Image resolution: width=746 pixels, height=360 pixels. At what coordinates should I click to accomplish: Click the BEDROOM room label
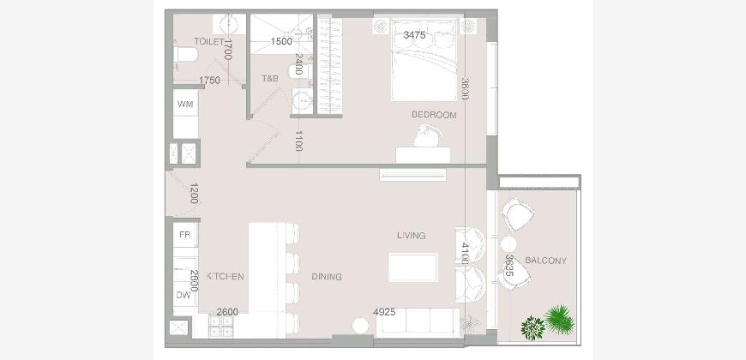tap(434, 115)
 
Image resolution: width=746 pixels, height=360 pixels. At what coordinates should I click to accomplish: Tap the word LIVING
tap(412, 236)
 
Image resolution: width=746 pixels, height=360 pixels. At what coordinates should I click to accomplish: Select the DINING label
tap(327, 277)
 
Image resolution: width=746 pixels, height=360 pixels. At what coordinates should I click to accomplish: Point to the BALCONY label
tap(545, 261)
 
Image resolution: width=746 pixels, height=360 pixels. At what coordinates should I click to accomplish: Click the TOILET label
tap(209, 41)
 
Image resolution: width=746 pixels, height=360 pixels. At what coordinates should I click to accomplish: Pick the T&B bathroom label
tap(270, 79)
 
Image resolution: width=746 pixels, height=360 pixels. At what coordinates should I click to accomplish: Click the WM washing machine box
tap(185, 105)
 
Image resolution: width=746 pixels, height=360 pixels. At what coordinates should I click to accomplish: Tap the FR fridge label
tap(185, 235)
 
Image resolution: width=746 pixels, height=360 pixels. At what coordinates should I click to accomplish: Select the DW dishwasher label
tap(183, 295)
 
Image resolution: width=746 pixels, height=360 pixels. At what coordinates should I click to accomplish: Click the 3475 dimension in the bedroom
tap(414, 35)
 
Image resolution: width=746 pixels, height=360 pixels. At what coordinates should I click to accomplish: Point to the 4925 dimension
tap(384, 312)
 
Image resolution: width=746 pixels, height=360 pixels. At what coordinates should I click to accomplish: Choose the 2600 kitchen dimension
tap(227, 312)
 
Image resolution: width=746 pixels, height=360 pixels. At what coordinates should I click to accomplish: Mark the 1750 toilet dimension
tap(209, 81)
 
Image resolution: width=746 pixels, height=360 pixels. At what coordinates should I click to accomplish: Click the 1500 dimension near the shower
tap(281, 41)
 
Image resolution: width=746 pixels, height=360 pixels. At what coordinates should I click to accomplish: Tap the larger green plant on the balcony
tap(559, 320)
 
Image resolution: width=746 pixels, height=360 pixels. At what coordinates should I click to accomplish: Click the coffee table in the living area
tap(413, 267)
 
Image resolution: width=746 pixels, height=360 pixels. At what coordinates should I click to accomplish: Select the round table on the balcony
tap(508, 244)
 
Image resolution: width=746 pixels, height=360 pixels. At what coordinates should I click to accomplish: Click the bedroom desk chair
tap(427, 135)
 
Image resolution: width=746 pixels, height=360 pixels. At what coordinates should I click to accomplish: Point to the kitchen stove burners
tap(220, 325)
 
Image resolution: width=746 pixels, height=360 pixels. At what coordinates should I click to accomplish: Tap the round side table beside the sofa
tap(361, 326)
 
